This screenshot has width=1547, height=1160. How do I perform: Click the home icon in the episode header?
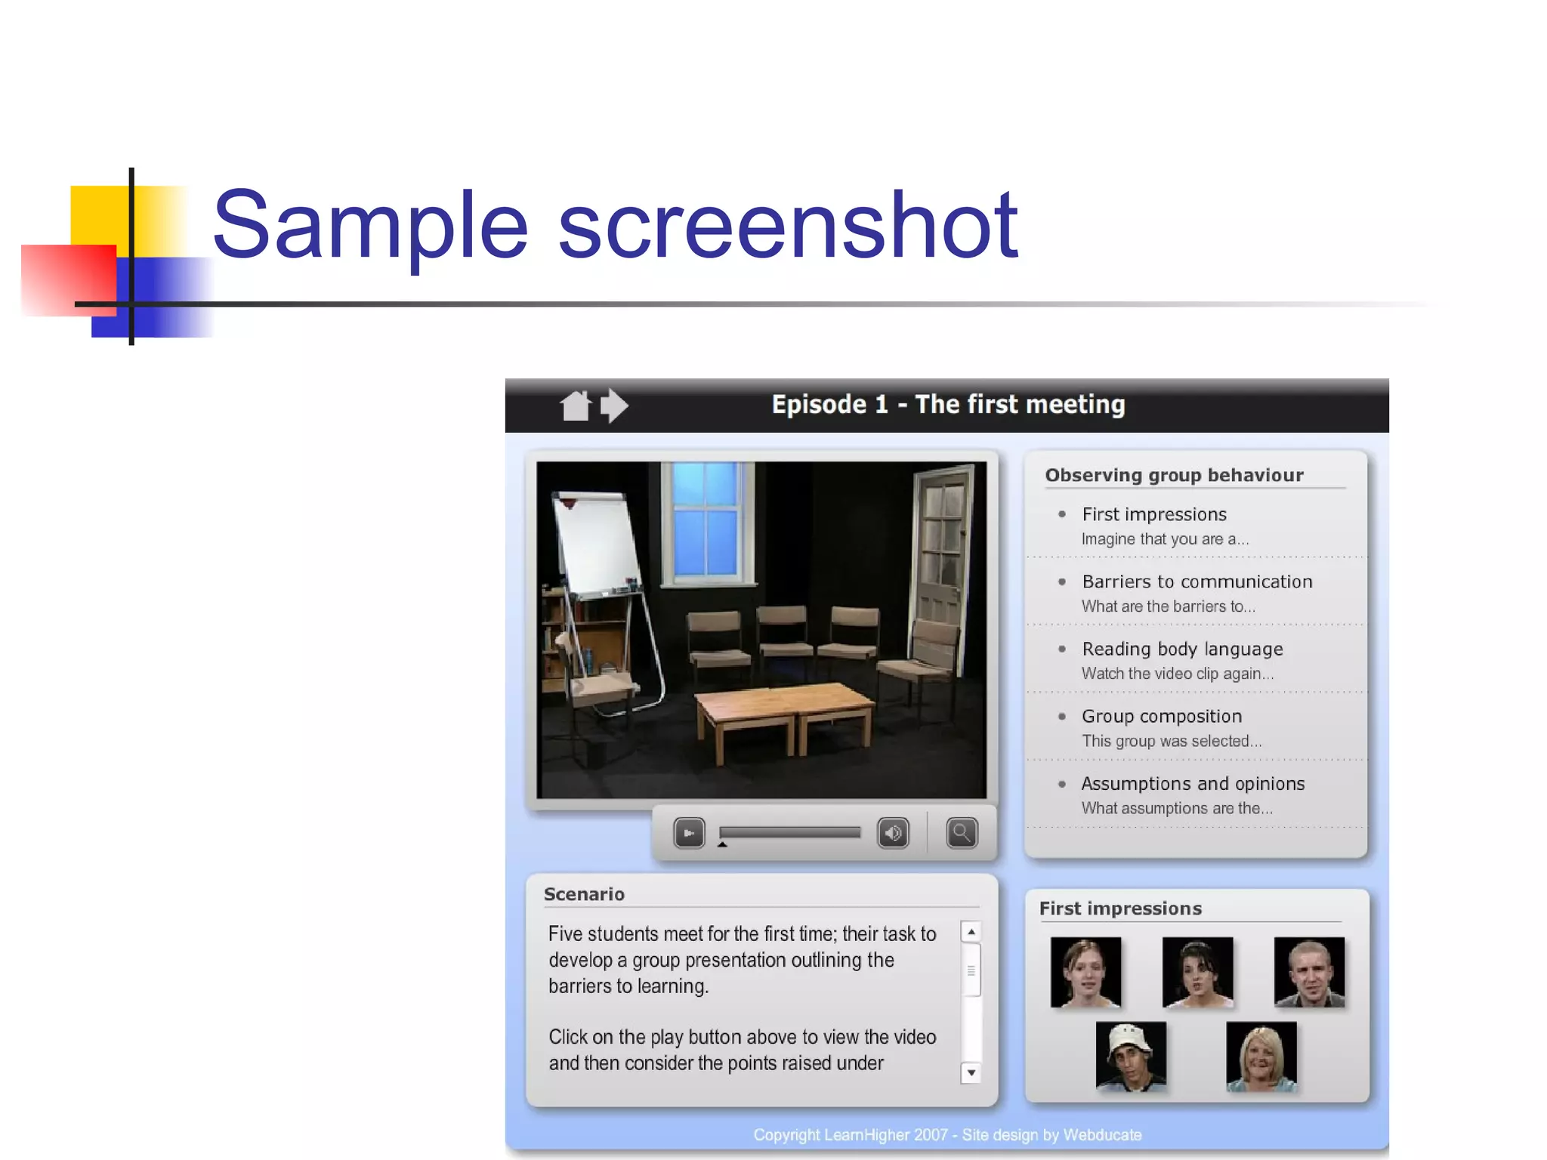tap(576, 406)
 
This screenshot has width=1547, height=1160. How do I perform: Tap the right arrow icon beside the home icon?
tap(614, 406)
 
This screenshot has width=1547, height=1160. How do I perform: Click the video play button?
tap(689, 833)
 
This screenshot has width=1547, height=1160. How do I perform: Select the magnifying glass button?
tap(962, 833)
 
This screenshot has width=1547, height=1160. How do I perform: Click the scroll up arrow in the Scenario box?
tap(971, 932)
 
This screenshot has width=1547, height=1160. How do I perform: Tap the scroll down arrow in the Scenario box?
tap(971, 1072)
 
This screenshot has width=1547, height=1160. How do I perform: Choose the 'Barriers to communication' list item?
tap(1197, 582)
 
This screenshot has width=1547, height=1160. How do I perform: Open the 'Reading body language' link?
tap(1182, 649)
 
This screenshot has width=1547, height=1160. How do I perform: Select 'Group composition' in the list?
tap(1161, 716)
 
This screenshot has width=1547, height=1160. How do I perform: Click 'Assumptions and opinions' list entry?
tap(1193, 783)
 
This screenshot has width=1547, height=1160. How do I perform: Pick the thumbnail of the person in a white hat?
tap(1131, 1057)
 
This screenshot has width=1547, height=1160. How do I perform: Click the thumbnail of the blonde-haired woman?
tap(1261, 1057)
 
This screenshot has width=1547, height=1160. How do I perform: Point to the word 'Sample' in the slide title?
tap(370, 225)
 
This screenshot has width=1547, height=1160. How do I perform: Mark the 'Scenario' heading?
tap(584, 894)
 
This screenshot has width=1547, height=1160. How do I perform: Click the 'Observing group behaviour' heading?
tap(1174, 475)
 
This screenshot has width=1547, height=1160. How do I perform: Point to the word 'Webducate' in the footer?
tap(1102, 1134)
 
